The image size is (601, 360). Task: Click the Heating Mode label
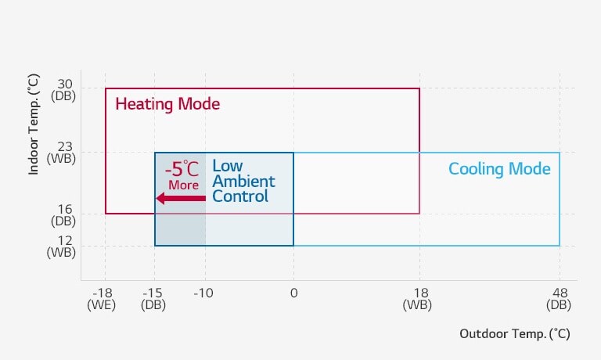(x=167, y=104)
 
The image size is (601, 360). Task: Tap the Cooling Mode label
(x=499, y=169)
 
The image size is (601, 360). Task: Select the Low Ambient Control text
(x=243, y=182)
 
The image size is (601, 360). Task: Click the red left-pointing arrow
(x=181, y=198)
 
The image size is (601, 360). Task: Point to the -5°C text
(x=182, y=168)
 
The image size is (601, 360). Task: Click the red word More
(x=183, y=185)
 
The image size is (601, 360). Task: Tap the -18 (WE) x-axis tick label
(x=102, y=299)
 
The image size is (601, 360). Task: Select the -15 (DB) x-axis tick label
(x=153, y=299)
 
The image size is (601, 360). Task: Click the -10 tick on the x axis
(x=203, y=293)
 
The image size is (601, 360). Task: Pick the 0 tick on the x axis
(x=293, y=293)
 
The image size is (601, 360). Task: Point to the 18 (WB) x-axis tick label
(x=417, y=299)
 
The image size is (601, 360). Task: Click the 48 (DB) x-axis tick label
(x=559, y=299)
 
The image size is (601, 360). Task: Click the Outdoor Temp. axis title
(x=514, y=333)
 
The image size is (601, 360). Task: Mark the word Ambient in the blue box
(x=243, y=182)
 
